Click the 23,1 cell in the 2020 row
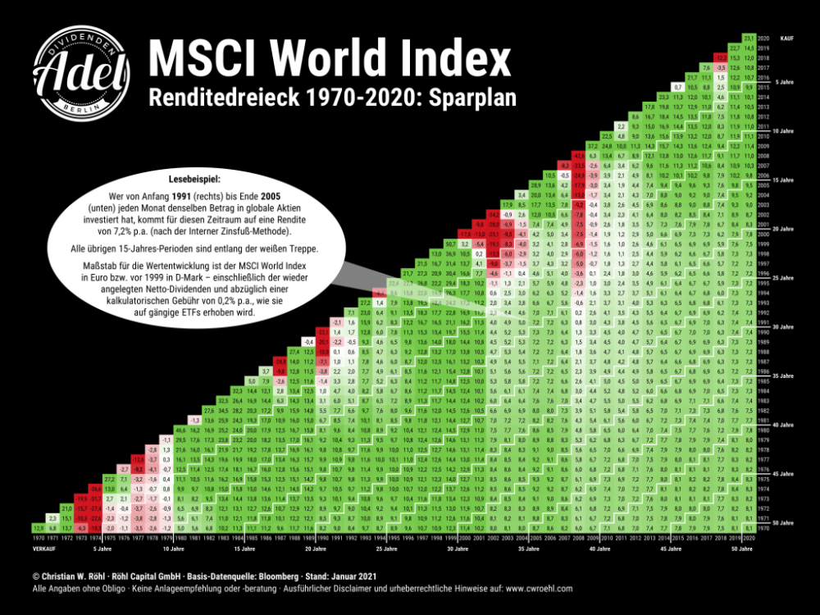(x=747, y=38)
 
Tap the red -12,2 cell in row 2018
(x=719, y=57)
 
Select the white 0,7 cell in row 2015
(x=677, y=86)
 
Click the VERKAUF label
(x=44, y=547)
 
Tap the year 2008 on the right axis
(x=763, y=154)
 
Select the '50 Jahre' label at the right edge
(x=783, y=522)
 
